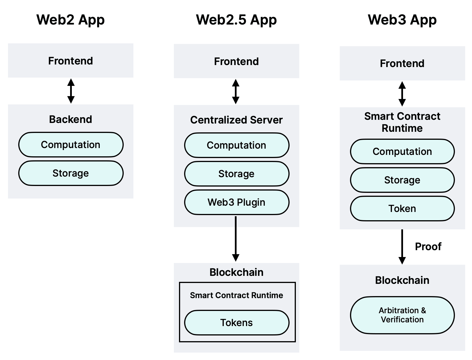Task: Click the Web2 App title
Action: pos(70,20)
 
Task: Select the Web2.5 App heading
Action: pos(236,20)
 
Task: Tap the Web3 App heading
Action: pos(402,20)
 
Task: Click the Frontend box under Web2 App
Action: pos(70,61)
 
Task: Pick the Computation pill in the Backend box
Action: pos(71,145)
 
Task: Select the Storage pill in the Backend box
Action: pos(71,173)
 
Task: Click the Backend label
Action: pos(70,119)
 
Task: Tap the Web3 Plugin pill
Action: pos(237,202)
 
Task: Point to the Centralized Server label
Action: pos(236,120)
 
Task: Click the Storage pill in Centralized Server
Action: pos(237,174)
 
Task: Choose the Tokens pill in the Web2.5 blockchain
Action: pos(237,323)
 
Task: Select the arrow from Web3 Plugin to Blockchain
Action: pos(236,238)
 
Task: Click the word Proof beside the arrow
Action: pos(428,246)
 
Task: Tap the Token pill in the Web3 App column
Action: pos(402,209)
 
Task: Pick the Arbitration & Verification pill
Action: pos(402,315)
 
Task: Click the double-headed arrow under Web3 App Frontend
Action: pos(402,94)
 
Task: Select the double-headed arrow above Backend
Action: pos(71,91)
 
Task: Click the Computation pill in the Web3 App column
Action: pos(402,151)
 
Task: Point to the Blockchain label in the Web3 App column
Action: pos(402,280)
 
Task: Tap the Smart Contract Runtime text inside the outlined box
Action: pos(237,295)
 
